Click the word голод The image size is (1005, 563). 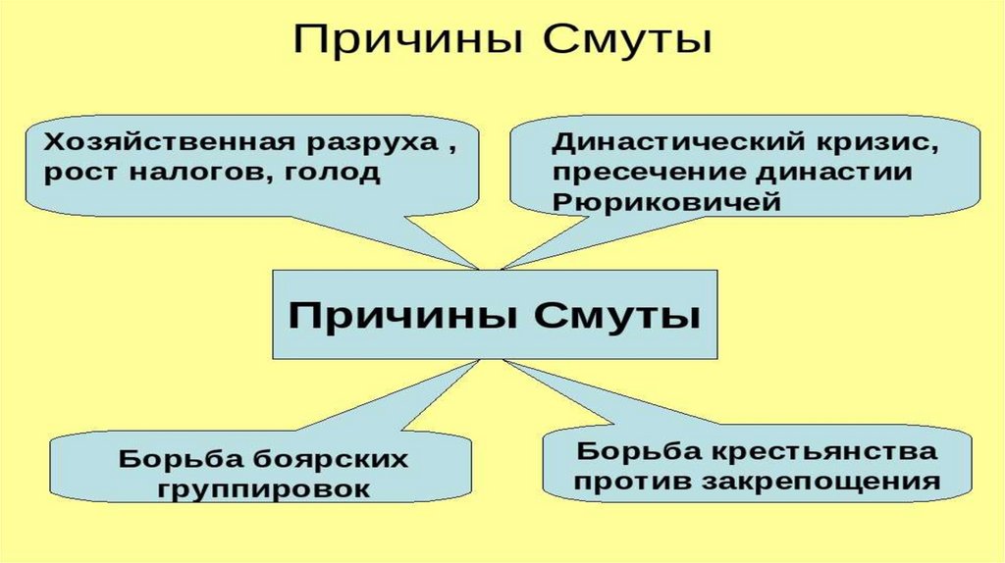pyautogui.click(x=332, y=174)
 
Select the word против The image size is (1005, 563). pyautogui.click(x=632, y=483)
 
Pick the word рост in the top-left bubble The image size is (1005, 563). pyautogui.click(x=79, y=174)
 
